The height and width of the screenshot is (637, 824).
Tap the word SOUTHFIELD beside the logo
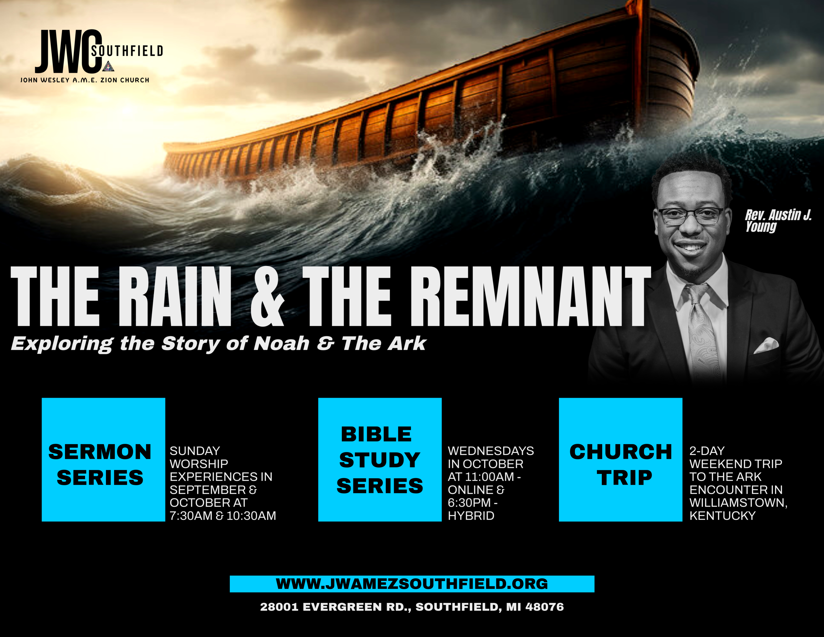pos(127,51)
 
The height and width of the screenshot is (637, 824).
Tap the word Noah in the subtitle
pos(282,344)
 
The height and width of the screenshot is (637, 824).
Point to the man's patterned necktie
pos(704,332)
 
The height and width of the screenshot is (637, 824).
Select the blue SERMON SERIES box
pos(103,459)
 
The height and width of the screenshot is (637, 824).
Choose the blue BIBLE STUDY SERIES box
pos(380,459)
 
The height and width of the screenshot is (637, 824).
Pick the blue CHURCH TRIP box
pos(621,459)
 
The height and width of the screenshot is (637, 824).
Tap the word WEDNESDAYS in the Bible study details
pos(491,451)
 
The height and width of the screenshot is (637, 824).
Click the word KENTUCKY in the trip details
pos(723,516)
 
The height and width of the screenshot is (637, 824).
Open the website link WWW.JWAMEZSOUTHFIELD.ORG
pos(412,584)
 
